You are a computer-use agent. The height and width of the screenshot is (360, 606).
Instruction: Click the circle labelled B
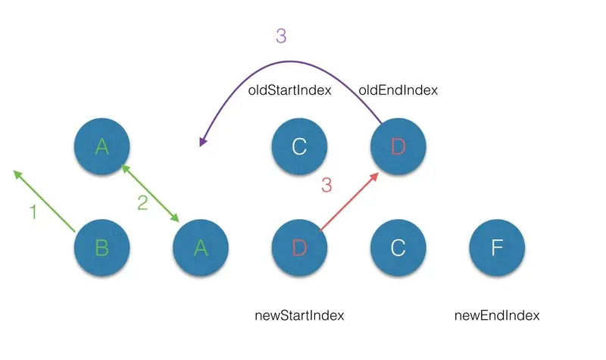point(102,249)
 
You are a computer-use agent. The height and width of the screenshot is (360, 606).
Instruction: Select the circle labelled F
point(497,249)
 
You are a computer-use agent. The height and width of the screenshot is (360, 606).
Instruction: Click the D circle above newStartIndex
point(299,249)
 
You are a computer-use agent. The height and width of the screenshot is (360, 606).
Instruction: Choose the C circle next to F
point(398,249)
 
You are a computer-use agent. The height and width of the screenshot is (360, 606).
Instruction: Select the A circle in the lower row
point(200,249)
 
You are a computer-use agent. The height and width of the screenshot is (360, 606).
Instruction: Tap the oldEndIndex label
point(398,90)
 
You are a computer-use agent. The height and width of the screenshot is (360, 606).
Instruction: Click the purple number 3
point(281,36)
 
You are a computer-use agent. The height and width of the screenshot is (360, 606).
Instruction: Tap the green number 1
point(33,213)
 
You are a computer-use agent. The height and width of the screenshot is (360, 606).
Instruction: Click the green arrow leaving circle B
point(45,202)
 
